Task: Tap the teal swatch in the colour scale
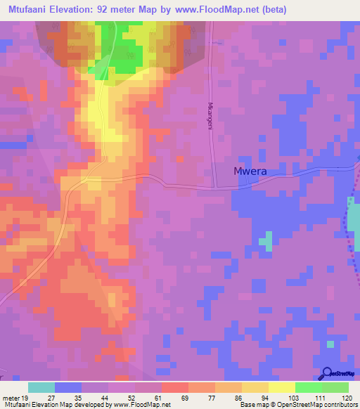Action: (x=41, y=387)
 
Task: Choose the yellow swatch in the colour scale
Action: (x=281, y=387)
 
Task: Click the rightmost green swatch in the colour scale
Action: (x=335, y=387)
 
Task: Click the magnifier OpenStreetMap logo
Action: (x=327, y=374)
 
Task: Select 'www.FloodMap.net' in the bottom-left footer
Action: (x=140, y=405)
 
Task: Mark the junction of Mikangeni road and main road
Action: (x=215, y=187)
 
